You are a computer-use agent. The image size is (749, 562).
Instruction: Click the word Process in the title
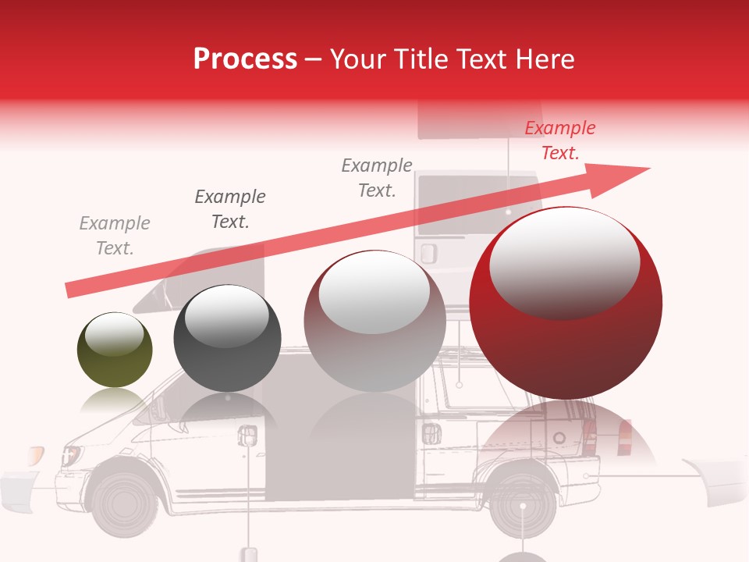(245, 59)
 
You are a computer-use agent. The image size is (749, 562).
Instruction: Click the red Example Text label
(559, 140)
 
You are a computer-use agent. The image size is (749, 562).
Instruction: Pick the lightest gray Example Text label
(115, 236)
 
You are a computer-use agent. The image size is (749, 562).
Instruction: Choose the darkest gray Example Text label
(230, 208)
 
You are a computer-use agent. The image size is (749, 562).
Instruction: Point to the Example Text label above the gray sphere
(377, 177)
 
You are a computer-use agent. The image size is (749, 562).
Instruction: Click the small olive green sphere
(115, 350)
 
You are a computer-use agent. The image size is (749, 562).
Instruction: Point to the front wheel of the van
(122, 500)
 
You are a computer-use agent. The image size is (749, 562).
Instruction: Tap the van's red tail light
(624, 437)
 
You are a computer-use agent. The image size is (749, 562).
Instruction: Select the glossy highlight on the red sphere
(564, 261)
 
